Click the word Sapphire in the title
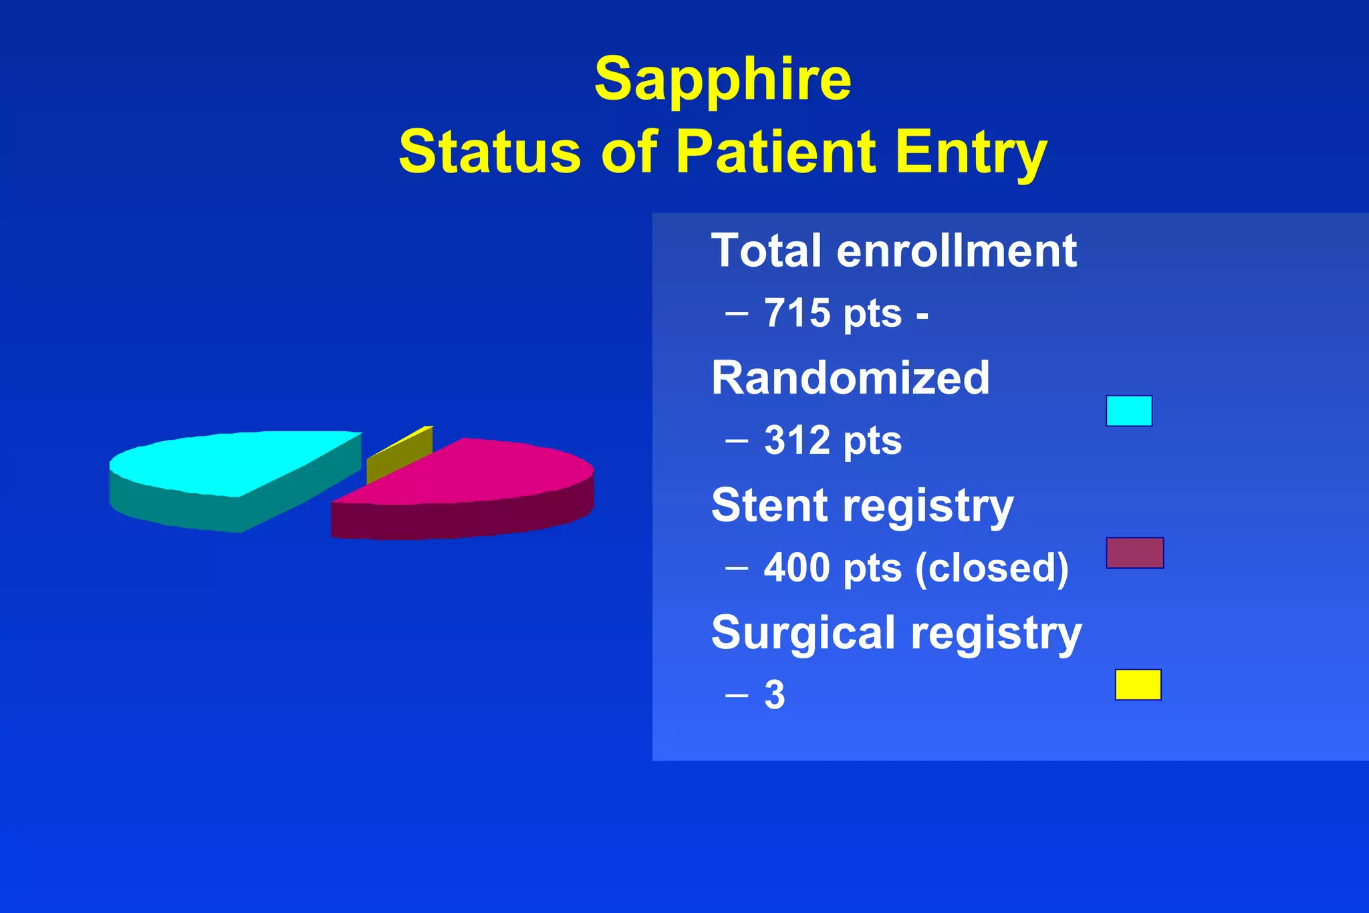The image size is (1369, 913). (723, 80)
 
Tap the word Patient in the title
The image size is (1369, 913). (775, 151)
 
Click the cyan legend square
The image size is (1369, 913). (1129, 410)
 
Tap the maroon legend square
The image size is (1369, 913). (1134, 553)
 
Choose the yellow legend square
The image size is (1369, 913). (1138, 684)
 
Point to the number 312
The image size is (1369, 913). (797, 440)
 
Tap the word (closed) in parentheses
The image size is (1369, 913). (992, 568)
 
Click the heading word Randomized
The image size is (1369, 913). (850, 378)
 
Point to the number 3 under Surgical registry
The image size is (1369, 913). (775, 695)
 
